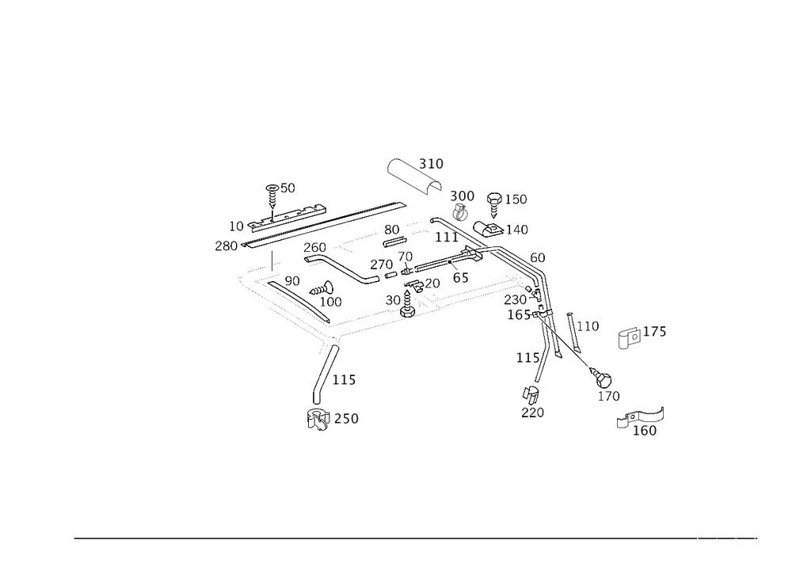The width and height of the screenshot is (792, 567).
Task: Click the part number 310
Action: click(x=432, y=164)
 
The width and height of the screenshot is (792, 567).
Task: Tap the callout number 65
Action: click(x=461, y=279)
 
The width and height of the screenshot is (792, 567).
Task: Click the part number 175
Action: click(x=654, y=333)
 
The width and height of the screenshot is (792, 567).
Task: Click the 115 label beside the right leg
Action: click(x=528, y=358)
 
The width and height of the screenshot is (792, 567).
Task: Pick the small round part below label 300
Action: click(x=460, y=211)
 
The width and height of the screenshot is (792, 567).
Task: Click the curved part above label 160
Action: click(x=642, y=417)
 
